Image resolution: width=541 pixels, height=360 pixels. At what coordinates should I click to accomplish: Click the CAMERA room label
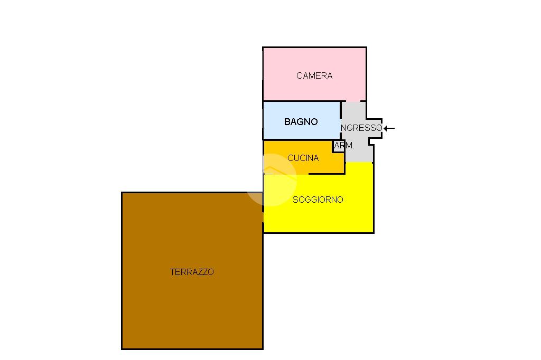pos(314,76)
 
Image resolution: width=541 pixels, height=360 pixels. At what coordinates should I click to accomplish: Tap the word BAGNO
pos(301,122)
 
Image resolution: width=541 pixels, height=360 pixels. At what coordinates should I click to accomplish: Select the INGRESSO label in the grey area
pos(361,128)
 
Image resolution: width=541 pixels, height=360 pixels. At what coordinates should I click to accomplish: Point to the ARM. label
pos(345,146)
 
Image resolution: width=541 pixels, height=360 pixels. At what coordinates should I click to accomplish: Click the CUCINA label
pos(303,158)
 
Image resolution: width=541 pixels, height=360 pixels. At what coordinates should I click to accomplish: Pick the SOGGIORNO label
pos(318,200)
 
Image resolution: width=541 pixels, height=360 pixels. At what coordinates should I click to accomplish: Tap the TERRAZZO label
pos(192,272)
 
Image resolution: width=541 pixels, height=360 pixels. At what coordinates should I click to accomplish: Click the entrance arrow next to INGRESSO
pos(389,128)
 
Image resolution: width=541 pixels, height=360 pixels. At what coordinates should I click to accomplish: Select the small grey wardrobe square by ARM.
pos(338,146)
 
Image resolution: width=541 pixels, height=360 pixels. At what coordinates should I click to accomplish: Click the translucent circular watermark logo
pos(272,179)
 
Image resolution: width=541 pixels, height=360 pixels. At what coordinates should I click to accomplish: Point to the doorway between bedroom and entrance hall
pos(353,101)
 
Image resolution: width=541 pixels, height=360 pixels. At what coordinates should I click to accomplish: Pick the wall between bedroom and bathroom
pos(301,101)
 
